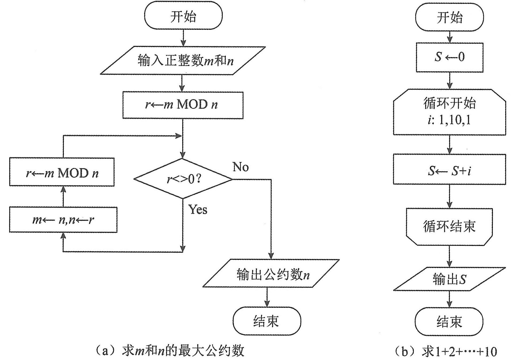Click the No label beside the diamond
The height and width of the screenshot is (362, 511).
(241, 167)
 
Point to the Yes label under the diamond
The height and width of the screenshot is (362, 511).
(198, 209)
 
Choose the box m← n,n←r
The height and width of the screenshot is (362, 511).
(63, 220)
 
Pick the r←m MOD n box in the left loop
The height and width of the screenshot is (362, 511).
(62, 172)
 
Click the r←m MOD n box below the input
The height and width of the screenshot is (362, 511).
(183, 105)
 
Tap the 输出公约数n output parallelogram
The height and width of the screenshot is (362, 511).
(271, 273)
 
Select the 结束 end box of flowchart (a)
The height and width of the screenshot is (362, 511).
(267, 321)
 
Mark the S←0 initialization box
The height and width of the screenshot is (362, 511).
(450, 57)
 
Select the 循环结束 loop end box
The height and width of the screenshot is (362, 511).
(450, 226)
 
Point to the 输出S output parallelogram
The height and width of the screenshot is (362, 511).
(450, 279)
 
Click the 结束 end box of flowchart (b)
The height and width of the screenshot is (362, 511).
(450, 321)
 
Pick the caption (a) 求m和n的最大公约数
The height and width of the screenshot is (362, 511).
(170, 351)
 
